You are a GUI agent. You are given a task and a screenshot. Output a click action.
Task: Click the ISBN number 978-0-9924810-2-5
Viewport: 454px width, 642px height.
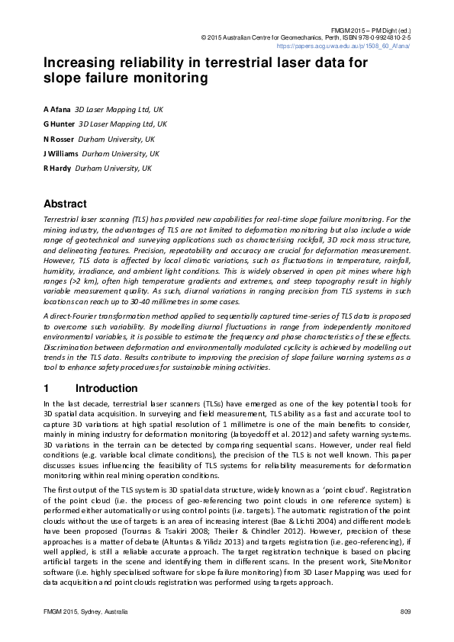373,37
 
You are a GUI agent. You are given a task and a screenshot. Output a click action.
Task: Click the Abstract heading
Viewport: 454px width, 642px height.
65,204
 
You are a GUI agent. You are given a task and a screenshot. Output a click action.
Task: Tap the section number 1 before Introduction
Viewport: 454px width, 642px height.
47,388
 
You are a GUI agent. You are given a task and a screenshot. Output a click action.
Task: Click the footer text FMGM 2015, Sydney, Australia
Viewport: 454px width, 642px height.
85,612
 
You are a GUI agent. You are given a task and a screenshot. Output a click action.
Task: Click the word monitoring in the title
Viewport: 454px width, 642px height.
170,79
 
